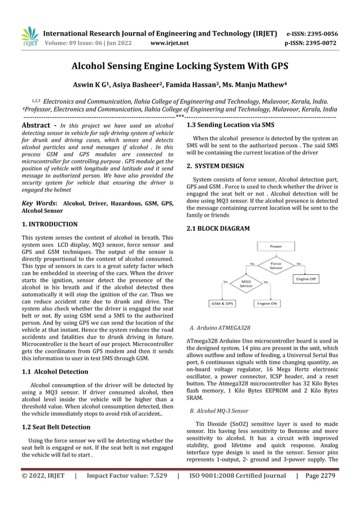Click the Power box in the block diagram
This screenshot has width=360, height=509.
pos(276,246)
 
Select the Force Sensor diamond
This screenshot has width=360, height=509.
pos(276,266)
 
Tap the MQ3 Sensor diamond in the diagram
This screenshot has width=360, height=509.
pos(247,283)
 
